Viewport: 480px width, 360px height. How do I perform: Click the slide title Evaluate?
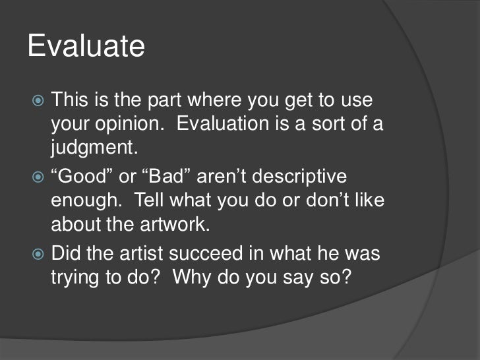pos(86,48)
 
